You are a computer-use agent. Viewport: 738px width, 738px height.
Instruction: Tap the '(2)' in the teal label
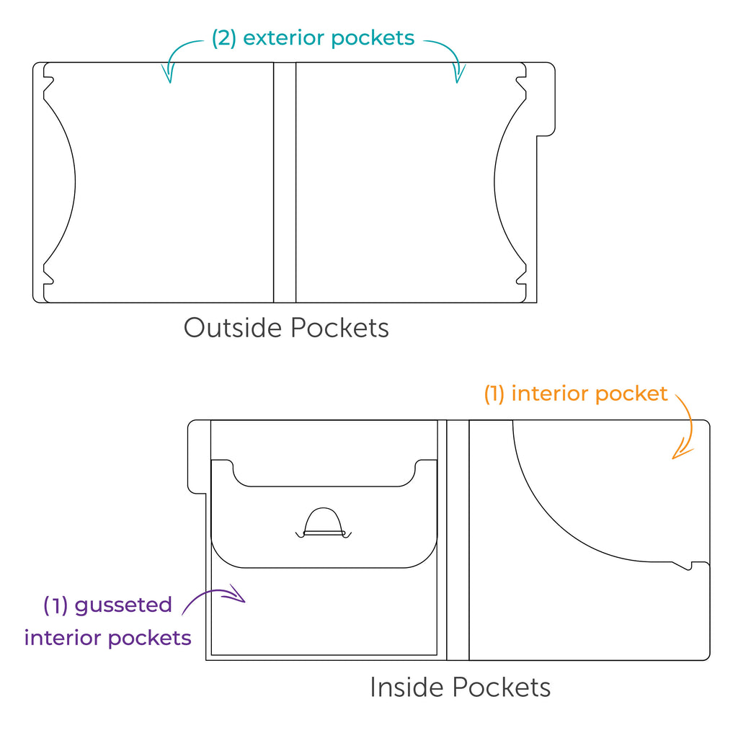coord(224,38)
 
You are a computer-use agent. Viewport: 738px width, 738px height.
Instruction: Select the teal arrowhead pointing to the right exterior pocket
coord(458,74)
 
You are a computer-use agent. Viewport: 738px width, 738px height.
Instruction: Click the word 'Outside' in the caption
coord(233,328)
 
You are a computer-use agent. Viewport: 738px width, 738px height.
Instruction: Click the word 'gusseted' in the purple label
coord(123,605)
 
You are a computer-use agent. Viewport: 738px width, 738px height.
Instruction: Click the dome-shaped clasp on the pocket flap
coord(324,523)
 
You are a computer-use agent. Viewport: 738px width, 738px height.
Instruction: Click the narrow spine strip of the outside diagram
coord(285,182)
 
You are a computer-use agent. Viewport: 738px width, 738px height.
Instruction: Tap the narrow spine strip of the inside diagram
coord(458,540)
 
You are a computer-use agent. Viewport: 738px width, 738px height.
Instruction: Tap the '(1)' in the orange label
coord(494,394)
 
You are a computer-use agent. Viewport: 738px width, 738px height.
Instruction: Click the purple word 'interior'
coord(63,638)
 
